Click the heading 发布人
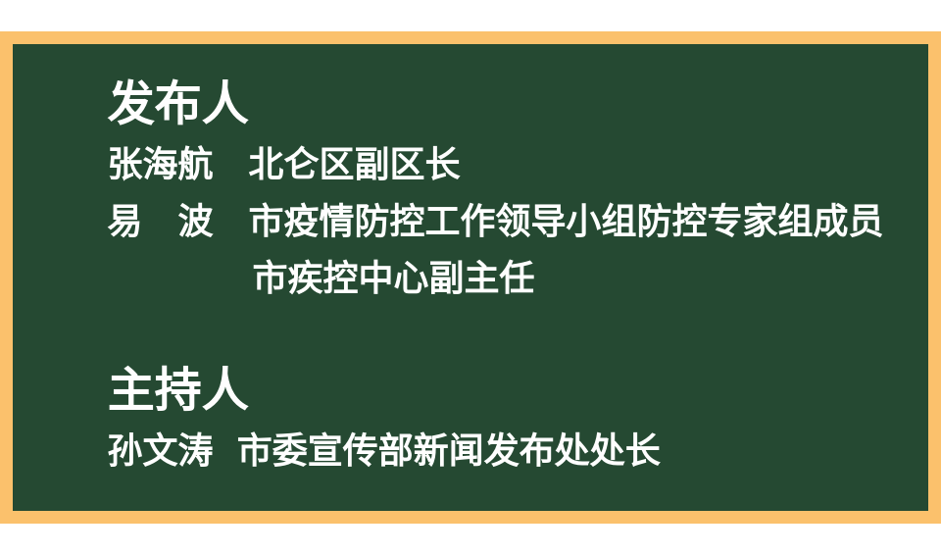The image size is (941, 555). tap(178, 103)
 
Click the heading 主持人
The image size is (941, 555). tap(178, 389)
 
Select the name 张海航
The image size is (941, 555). tap(161, 164)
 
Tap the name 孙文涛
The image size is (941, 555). tap(161, 449)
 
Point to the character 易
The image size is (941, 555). tap(124, 221)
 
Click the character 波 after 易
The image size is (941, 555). tap(196, 221)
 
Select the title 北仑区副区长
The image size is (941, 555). tap(355, 164)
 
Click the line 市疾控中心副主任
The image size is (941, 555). tap(394, 277)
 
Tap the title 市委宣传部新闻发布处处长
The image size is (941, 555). tap(450, 449)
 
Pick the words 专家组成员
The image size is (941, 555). tap(795, 221)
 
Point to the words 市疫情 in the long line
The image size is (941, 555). tap(302, 221)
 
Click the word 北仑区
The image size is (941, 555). tap(302, 164)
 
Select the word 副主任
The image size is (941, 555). tap(482, 277)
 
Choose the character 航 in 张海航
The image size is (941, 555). tap(196, 164)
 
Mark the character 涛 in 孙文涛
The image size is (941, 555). tap(196, 449)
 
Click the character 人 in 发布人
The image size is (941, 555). tap(225, 103)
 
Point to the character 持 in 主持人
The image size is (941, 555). tap(178, 389)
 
